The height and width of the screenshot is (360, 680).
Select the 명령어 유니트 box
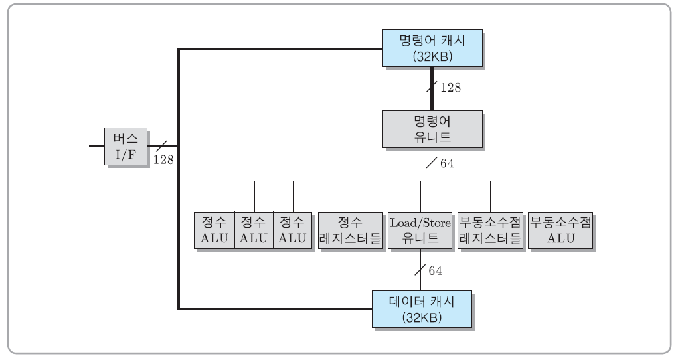[432, 129]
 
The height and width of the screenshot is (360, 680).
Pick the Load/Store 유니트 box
[420, 230]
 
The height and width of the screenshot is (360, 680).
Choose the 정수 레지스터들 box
[350, 230]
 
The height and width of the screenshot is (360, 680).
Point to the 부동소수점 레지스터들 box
[490, 230]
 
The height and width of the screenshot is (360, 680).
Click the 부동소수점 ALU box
[560, 230]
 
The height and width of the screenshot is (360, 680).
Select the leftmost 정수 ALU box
[214, 230]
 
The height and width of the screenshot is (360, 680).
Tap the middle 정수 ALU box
[253, 230]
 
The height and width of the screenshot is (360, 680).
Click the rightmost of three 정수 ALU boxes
[292, 230]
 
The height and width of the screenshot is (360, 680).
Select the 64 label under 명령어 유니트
[447, 163]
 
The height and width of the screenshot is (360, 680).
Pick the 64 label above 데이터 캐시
[435, 271]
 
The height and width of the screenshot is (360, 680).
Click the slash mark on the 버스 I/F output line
[159, 145]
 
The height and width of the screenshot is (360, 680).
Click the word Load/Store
[420, 223]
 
